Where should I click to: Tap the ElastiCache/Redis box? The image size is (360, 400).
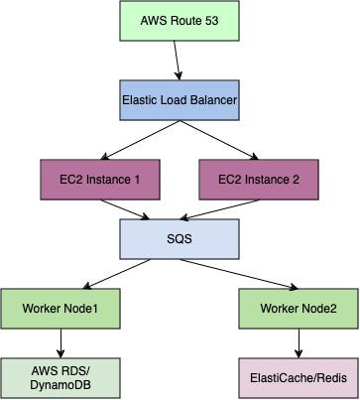[299, 377]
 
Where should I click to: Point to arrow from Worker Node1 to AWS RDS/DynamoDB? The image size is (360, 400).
[61, 341]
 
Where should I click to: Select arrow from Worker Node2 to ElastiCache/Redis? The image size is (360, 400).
[299, 341]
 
